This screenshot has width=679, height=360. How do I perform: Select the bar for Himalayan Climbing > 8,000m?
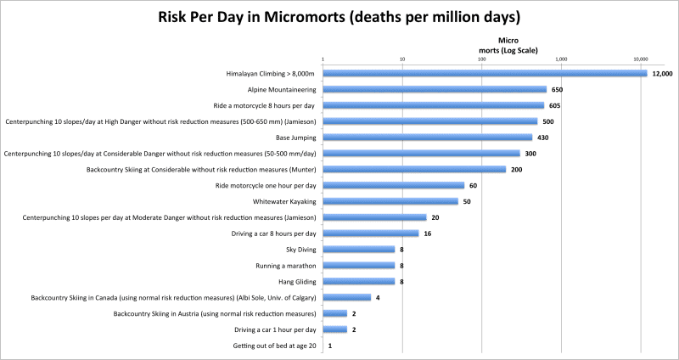[484, 73]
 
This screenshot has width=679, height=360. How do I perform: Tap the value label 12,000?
[662, 74]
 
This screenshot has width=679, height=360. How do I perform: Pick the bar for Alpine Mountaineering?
[435, 89]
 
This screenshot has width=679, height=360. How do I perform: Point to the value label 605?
[555, 105]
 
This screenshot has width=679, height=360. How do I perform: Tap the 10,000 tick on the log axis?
[641, 59]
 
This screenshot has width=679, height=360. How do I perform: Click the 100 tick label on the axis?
[481, 59]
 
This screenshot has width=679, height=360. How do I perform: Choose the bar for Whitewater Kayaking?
[390, 201]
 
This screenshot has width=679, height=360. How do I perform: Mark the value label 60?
[474, 185]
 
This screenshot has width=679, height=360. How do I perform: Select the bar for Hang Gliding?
[358, 281]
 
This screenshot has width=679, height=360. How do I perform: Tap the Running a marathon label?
[284, 265]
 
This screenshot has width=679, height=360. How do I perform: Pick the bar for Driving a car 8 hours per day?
[371, 233]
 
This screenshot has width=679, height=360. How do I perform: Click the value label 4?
[378, 297]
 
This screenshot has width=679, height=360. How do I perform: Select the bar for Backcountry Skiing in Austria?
[334, 313]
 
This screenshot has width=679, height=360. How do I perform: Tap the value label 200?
[516, 169]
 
